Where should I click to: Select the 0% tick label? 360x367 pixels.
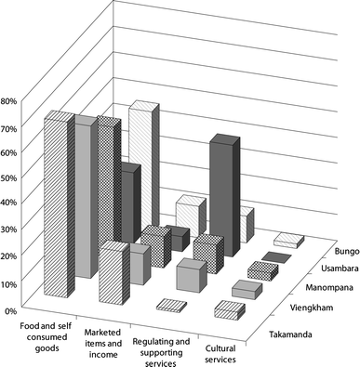[11, 309]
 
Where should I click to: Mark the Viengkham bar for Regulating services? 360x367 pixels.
[190, 276]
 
